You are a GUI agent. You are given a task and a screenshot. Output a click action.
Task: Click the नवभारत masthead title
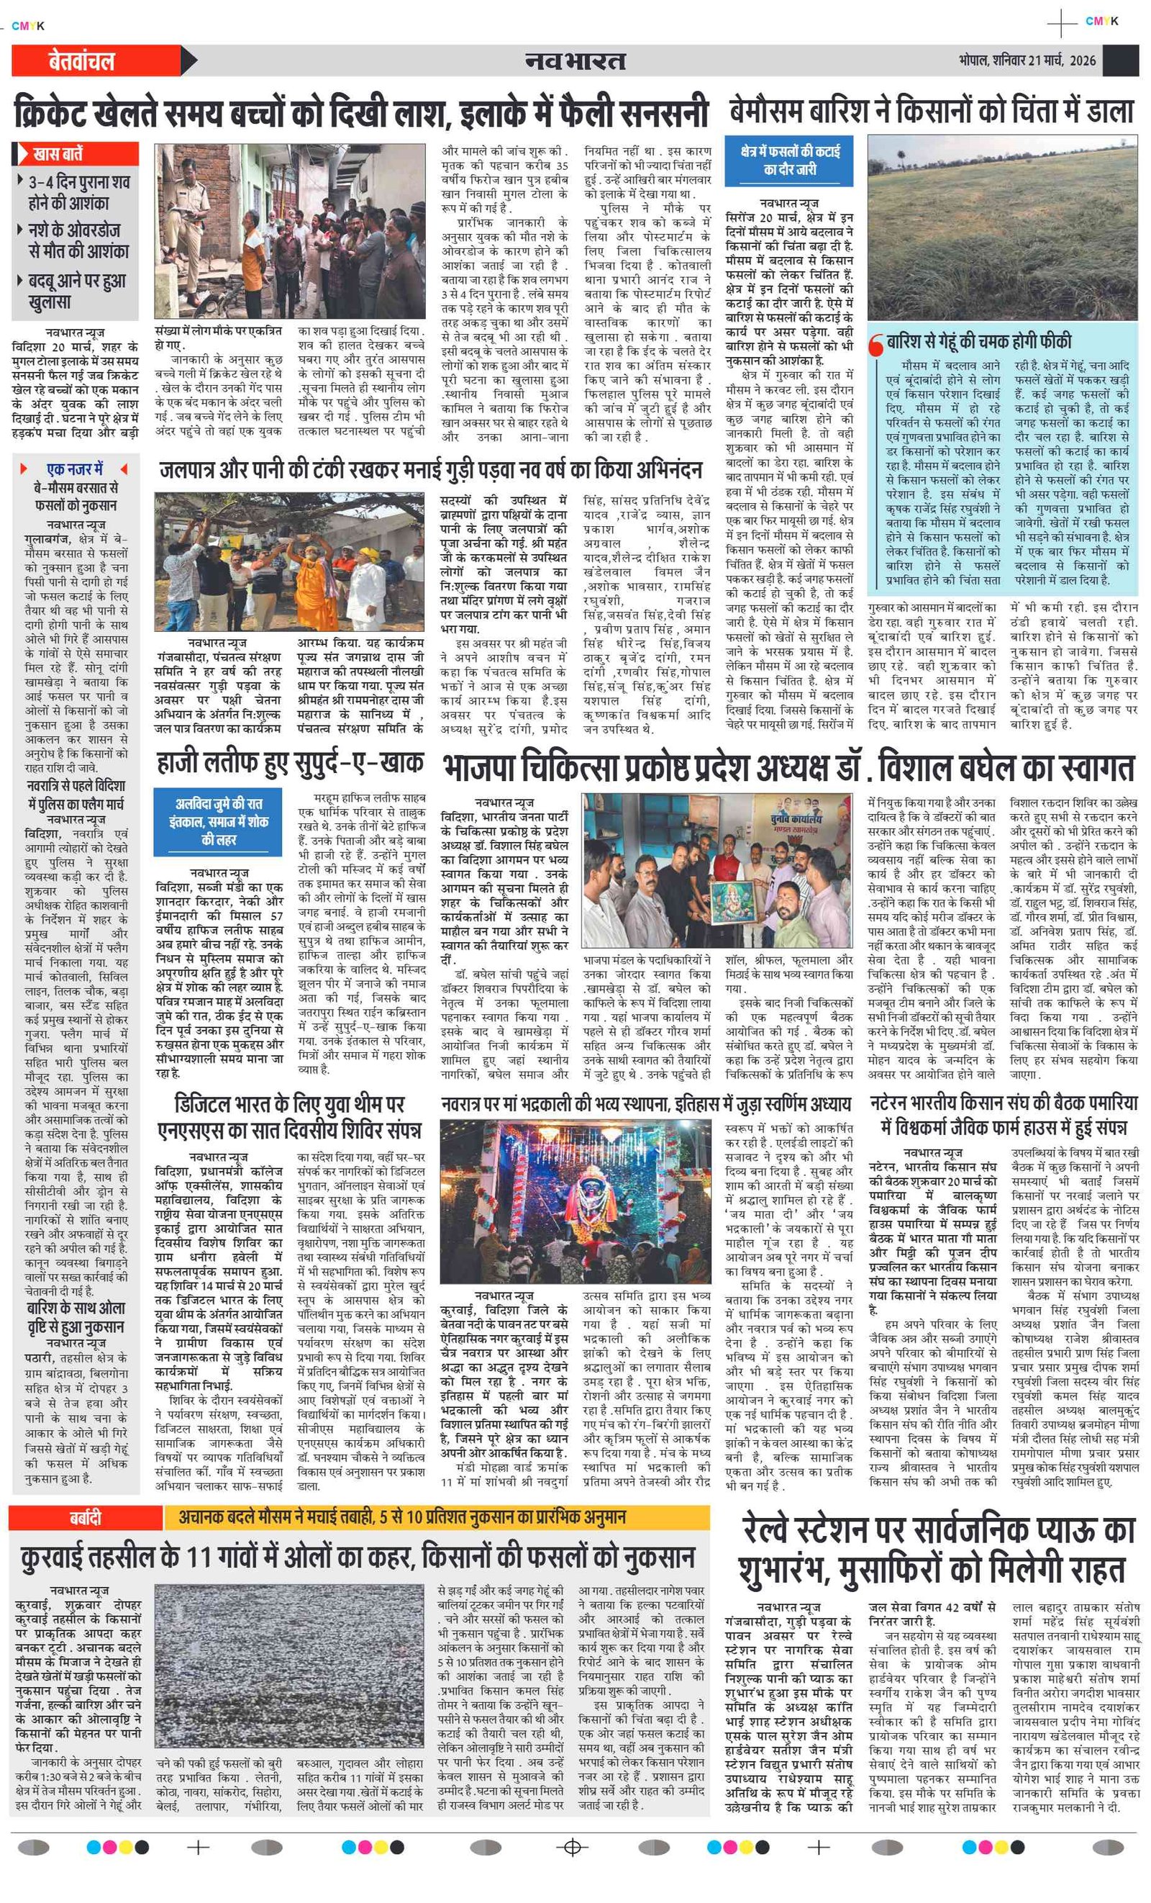575,60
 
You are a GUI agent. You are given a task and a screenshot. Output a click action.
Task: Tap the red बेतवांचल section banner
82,61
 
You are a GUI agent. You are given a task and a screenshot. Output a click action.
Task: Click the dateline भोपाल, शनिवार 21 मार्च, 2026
1027,60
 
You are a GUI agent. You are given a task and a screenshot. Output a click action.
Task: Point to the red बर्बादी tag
85,1518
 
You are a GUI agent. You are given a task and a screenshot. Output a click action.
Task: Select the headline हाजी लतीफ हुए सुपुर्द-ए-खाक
289,764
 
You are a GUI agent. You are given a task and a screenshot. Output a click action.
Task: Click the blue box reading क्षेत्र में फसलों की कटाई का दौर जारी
789,160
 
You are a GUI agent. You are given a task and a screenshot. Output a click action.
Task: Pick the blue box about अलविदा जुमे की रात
218,822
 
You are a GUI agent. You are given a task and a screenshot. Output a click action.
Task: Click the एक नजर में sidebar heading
75,469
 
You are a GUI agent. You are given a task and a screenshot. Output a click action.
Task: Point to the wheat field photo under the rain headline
1002,228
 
